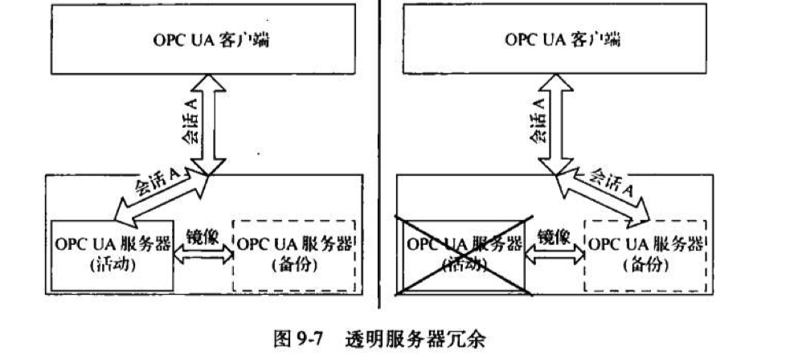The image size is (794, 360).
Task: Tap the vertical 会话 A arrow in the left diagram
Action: (x=207, y=125)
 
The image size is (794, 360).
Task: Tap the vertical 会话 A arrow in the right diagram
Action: (x=555, y=125)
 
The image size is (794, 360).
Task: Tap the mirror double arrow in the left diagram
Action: (x=202, y=252)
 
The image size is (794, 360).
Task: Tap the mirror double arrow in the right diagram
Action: (x=554, y=252)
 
